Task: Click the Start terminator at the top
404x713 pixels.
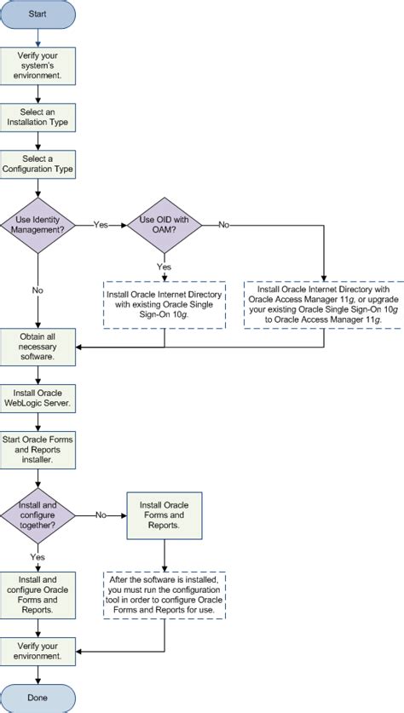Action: [38, 14]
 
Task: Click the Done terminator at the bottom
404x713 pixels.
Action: [38, 696]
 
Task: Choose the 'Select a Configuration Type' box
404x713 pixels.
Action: [38, 164]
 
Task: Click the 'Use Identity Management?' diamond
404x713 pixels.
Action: [38, 224]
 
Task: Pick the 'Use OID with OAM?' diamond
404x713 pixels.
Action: [164, 224]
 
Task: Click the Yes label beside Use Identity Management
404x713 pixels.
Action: [101, 225]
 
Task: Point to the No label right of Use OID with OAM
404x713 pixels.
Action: [224, 225]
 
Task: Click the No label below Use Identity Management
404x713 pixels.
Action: [38, 290]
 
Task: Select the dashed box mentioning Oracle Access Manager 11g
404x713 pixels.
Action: [324, 305]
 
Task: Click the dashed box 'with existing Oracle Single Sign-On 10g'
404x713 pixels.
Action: [164, 305]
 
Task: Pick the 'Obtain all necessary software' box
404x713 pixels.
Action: [38, 347]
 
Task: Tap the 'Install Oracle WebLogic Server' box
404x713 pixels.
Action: [38, 396]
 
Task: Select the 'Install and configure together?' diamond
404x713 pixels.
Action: [38, 515]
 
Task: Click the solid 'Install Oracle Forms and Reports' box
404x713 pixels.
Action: [164, 515]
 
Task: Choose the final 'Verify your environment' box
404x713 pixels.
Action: [38, 651]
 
